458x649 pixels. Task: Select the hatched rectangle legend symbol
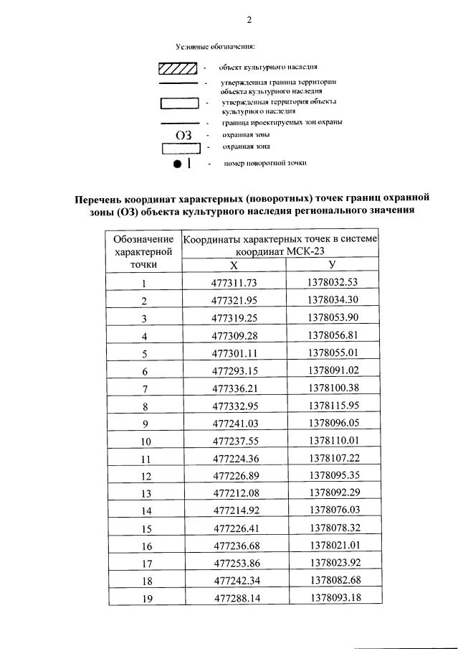178,69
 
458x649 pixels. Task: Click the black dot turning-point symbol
177,164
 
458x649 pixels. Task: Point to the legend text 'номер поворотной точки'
265,164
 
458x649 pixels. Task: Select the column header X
234,265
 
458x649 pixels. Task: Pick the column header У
332,265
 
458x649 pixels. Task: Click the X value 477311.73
234,283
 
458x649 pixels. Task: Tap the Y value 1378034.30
333,300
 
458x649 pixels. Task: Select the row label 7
144,388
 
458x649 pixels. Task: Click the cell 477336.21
234,388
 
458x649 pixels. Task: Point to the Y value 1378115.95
333,406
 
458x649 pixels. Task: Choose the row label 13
145,494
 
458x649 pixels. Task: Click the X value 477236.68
234,546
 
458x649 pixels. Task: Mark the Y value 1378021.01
333,546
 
